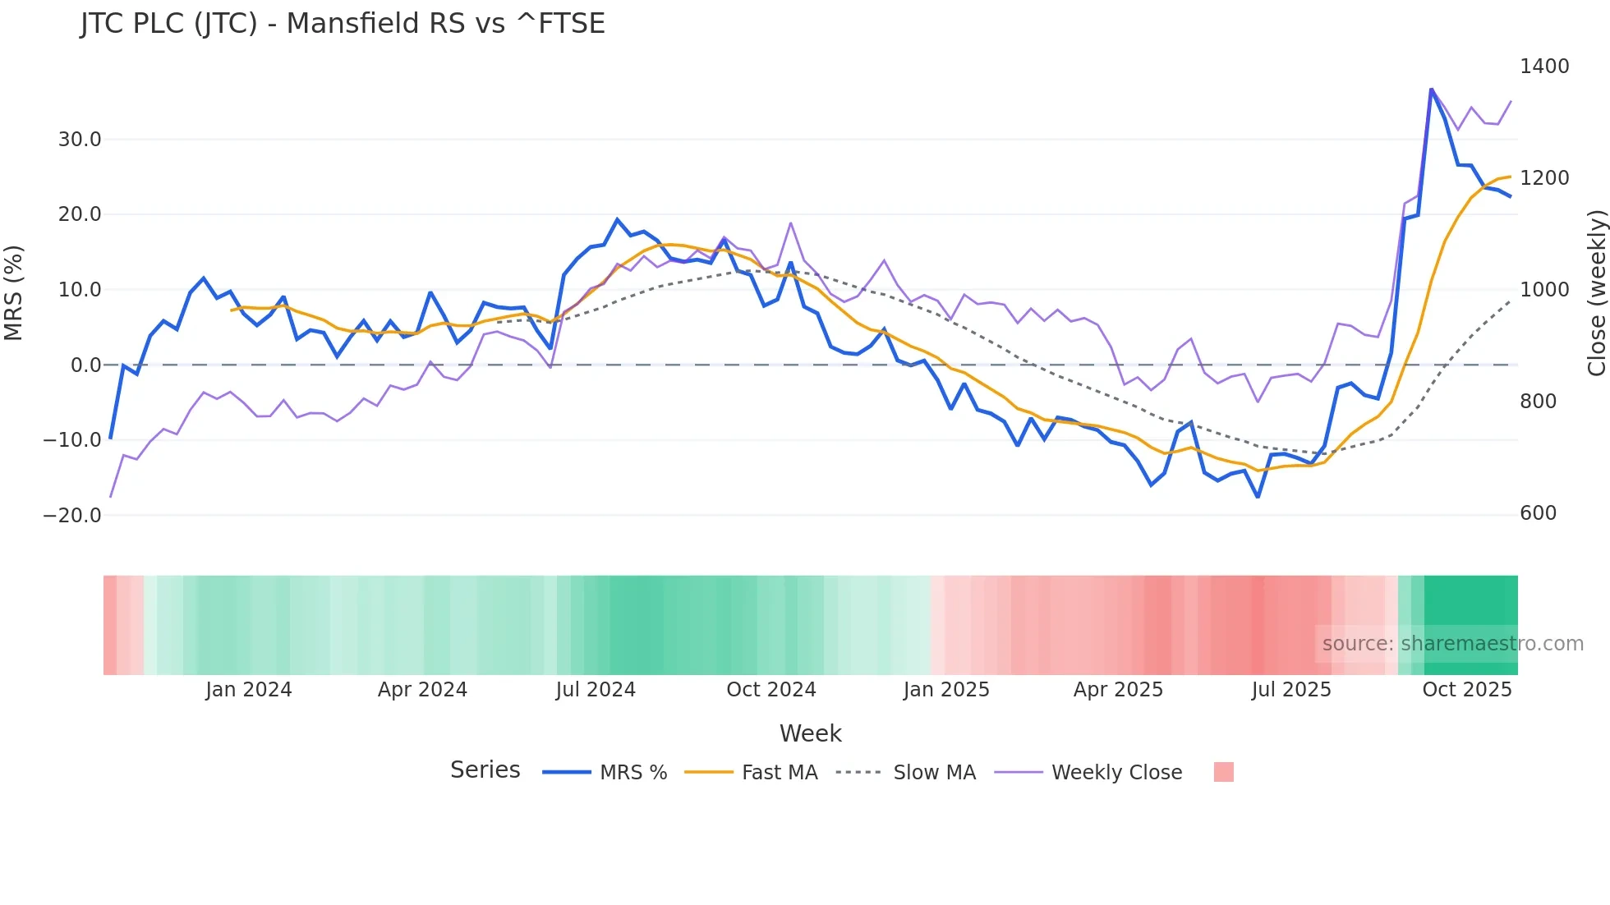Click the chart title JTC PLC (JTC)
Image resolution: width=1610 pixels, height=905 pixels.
tap(343, 23)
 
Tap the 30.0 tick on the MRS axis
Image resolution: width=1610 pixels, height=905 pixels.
tap(80, 140)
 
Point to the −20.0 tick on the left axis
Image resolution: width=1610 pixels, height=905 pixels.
tap(72, 516)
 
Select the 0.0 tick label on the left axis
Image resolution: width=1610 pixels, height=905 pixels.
tap(85, 365)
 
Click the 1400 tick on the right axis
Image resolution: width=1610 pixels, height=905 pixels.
tap(1544, 67)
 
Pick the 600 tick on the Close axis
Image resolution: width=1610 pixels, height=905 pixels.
tap(1538, 513)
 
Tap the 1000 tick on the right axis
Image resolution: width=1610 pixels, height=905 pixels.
tap(1544, 290)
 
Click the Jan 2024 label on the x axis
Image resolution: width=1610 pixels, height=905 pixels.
tap(248, 690)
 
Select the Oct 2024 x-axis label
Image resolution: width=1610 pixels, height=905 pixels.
tap(770, 690)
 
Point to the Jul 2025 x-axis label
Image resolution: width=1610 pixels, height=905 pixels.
tap(1290, 690)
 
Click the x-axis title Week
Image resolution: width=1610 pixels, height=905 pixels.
tap(810, 733)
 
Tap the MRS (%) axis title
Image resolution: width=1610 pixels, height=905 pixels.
tap(13, 293)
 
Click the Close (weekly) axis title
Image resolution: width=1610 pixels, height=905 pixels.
tap(1596, 293)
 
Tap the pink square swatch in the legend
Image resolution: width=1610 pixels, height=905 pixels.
tap(1223, 772)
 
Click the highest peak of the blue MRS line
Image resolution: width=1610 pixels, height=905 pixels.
tap(1431, 89)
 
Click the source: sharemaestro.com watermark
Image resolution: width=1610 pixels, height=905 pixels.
tap(1452, 644)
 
